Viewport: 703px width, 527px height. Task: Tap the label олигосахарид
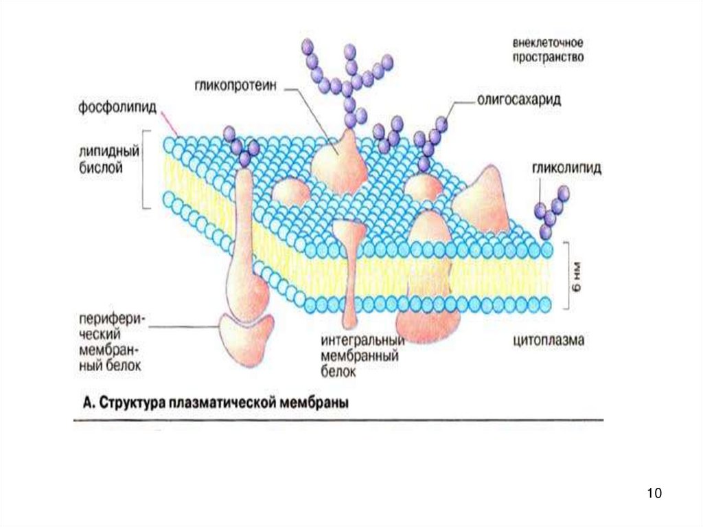click(520, 99)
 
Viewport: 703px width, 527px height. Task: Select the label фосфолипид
click(117, 109)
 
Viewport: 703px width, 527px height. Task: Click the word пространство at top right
click(547, 58)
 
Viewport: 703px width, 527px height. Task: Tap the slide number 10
click(653, 493)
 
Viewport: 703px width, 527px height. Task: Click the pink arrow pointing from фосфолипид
click(169, 123)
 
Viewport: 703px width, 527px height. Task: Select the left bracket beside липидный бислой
click(145, 169)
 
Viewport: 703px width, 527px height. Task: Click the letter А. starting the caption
click(88, 403)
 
